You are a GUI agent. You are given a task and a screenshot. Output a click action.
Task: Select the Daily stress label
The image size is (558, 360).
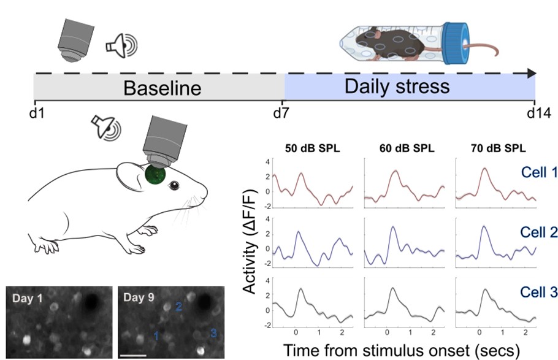tap(397, 85)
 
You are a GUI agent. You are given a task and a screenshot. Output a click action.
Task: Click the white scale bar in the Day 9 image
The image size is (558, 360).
tap(132, 354)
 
